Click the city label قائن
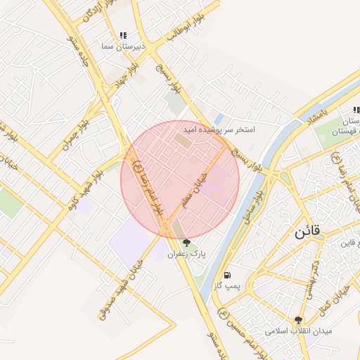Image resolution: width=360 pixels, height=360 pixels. coord(307,231)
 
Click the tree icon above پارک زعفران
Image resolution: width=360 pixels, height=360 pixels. coord(186,243)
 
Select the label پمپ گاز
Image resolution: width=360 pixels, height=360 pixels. coord(227,285)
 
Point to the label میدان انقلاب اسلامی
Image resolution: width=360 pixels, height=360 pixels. coord(299,330)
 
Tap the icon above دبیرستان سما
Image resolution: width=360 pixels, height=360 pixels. coord(124,34)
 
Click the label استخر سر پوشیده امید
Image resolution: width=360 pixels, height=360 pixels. coord(219,130)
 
